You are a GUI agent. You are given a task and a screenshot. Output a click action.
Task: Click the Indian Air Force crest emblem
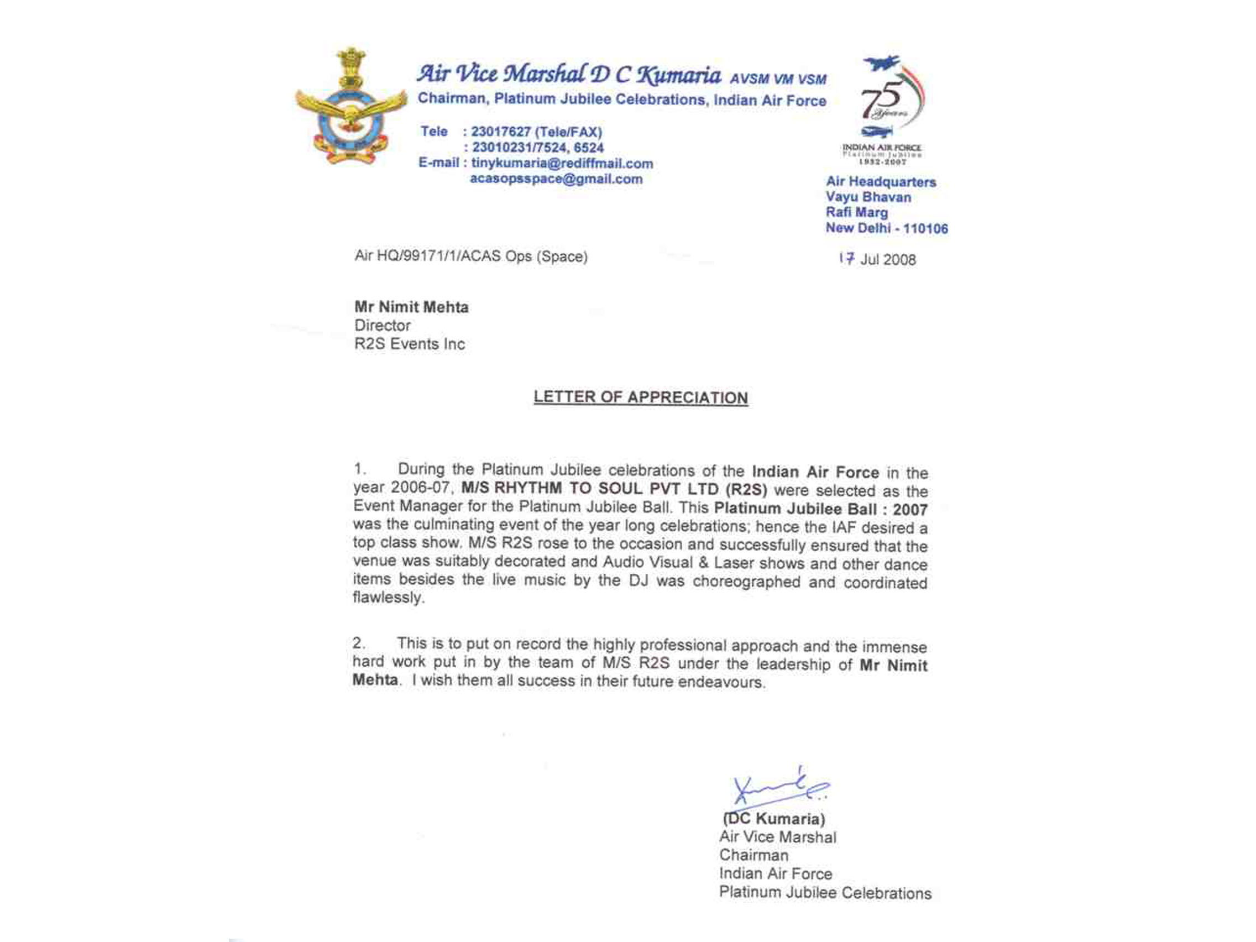[351, 108]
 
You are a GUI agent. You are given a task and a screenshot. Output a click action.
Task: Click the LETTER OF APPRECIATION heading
[641, 397]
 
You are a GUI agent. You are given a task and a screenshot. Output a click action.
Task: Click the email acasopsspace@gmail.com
[557, 180]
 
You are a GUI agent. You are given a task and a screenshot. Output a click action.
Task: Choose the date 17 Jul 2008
[878, 259]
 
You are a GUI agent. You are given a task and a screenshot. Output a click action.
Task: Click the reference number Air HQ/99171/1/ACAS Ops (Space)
[470, 257]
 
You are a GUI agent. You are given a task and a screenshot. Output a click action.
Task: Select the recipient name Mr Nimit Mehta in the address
[412, 307]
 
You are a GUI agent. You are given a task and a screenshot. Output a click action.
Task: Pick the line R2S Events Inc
[410, 344]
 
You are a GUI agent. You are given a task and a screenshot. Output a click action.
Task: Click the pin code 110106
[925, 229]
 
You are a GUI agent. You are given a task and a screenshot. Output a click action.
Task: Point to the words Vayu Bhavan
[868, 197]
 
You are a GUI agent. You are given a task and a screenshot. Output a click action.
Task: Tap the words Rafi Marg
[856, 213]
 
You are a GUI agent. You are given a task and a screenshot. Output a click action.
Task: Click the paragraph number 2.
[358, 643]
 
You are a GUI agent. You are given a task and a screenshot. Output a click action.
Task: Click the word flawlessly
[389, 598]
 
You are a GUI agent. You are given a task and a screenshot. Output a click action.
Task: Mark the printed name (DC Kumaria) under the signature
[774, 819]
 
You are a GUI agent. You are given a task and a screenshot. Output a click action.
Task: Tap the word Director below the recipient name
[382, 326]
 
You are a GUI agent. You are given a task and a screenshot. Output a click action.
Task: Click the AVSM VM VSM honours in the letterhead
[778, 79]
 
